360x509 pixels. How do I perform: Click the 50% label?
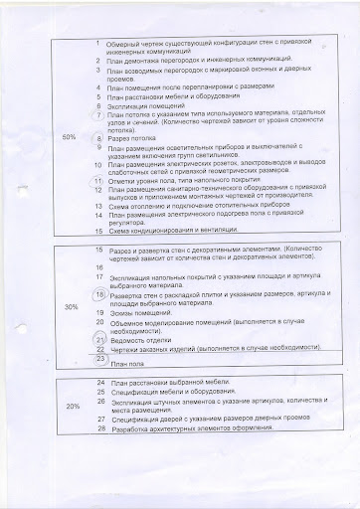tap(68, 137)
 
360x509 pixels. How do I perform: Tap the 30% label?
tap(71, 308)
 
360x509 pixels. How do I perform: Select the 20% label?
tap(73, 408)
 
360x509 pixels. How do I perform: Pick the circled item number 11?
tap(97, 180)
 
